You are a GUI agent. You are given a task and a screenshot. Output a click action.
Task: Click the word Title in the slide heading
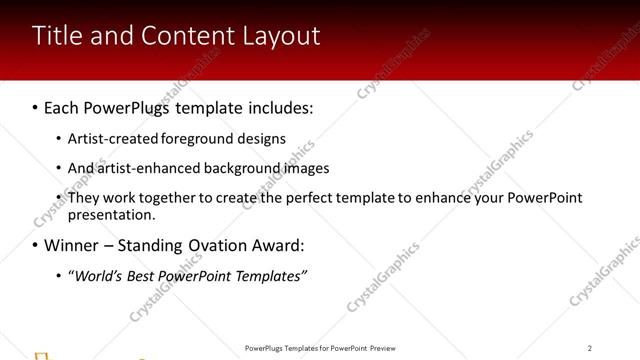pyautogui.click(x=55, y=36)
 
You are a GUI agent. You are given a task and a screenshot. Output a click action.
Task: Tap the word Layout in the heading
pyautogui.click(x=281, y=37)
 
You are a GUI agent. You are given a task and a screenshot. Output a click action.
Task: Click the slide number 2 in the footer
pyautogui.click(x=590, y=348)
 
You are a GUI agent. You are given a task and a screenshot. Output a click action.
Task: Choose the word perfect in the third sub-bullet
pyautogui.click(x=287, y=198)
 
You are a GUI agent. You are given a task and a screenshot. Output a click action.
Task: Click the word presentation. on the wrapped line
pyautogui.click(x=111, y=214)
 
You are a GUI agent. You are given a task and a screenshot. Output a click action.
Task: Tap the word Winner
pyautogui.click(x=69, y=245)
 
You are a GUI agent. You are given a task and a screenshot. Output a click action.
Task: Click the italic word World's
pyautogui.click(x=98, y=276)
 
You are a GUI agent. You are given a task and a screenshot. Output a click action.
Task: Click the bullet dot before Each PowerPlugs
pyautogui.click(x=34, y=107)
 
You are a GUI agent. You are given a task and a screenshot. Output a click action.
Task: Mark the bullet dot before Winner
pyautogui.click(x=34, y=245)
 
